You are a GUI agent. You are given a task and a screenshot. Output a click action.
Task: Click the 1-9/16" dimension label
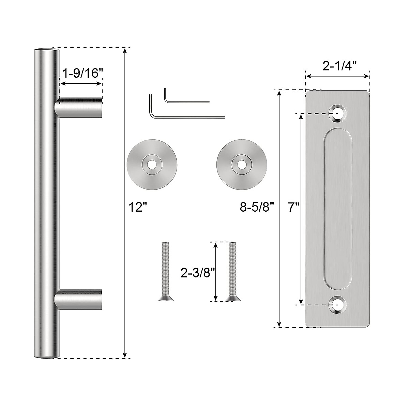pos(82,73)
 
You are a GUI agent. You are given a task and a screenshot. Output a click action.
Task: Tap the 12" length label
pos(138,207)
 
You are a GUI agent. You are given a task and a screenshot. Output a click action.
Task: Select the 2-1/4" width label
pos(339,66)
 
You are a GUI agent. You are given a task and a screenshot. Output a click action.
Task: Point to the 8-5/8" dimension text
pos(257,207)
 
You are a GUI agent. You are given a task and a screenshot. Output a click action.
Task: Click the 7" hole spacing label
pos(293,207)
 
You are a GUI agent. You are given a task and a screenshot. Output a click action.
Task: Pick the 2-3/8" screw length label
pos(198,273)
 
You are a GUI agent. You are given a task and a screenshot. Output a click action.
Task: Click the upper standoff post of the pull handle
pos(78,108)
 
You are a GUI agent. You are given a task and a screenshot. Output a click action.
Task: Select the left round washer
pos(152,165)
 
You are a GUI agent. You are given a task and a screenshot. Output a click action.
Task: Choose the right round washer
pos(242,165)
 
